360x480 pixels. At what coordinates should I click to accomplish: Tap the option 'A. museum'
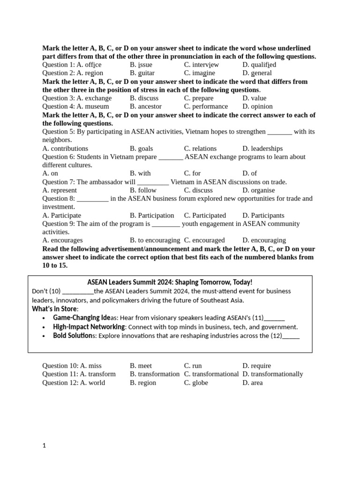tap(93, 106)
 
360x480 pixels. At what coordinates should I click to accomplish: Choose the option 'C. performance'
tap(206, 106)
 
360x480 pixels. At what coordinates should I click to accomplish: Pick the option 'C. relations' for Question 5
tap(200, 149)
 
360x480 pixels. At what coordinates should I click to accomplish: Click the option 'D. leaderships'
tap(262, 149)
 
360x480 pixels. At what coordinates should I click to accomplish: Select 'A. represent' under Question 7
tap(60, 190)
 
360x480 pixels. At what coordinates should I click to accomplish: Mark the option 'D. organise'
tap(259, 190)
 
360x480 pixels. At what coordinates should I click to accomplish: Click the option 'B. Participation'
tap(152, 216)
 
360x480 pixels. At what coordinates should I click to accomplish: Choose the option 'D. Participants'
tap(263, 216)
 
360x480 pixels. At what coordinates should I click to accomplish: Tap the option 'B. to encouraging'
tap(155, 240)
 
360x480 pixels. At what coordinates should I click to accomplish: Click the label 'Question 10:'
tap(60, 366)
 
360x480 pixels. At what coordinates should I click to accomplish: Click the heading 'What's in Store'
tap(55, 309)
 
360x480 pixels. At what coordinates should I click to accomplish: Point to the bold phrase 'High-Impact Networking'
tap(89, 327)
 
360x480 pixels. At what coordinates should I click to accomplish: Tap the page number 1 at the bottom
tap(44, 446)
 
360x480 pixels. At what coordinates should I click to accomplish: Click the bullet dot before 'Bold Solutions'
tap(44, 336)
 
